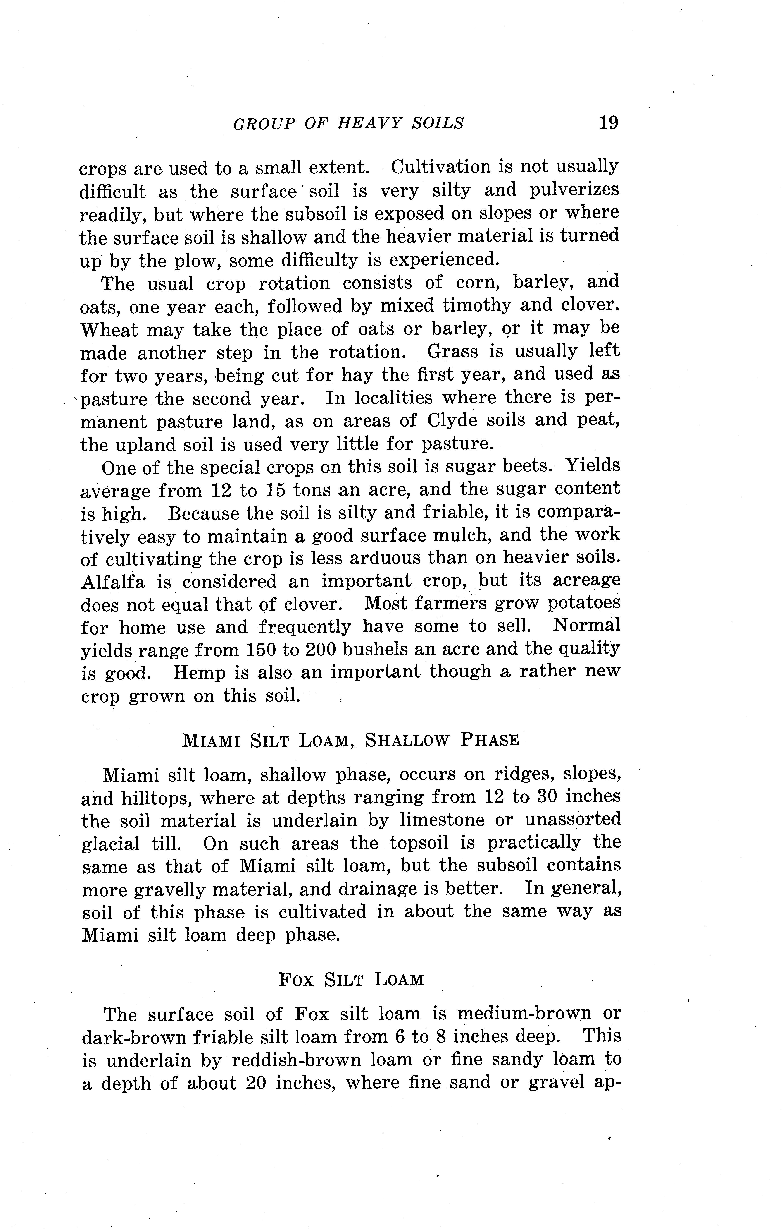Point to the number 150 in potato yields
(x=260, y=649)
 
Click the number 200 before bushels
(x=320, y=649)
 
